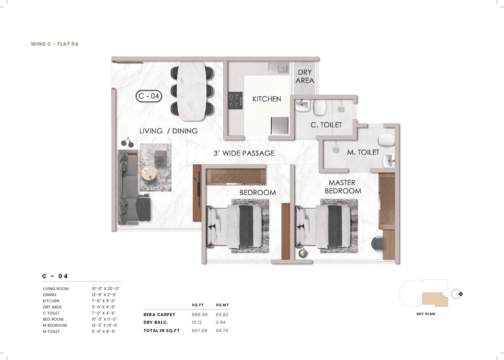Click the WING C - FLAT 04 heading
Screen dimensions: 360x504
54,44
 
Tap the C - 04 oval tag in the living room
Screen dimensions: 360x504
148,96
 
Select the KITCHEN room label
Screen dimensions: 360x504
267,99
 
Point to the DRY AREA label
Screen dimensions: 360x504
305,76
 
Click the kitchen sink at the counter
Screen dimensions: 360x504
278,68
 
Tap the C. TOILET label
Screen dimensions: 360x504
326,125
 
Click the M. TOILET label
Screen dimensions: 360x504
363,152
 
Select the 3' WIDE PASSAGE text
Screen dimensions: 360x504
244,153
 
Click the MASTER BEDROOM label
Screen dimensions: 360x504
342,187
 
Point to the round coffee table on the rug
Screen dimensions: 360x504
149,172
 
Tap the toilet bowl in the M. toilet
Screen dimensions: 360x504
386,140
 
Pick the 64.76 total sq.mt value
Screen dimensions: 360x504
222,330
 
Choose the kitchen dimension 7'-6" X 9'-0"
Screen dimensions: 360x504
104,301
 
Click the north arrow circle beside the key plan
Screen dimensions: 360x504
456,294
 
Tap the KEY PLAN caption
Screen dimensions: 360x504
426,314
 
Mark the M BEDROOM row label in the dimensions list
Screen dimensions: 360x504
55,325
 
